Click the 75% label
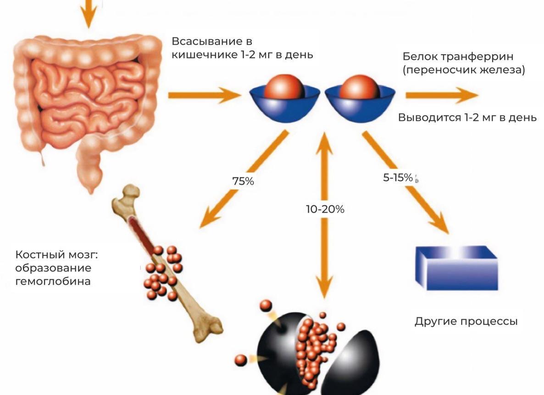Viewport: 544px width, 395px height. pyautogui.click(x=243, y=181)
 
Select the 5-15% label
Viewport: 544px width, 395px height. pyautogui.click(x=398, y=178)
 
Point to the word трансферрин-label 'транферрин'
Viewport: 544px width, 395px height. pyautogui.click(x=477, y=56)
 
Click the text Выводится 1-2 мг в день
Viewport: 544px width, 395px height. pyautogui.click(x=467, y=117)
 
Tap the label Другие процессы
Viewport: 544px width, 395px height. pyautogui.click(x=466, y=321)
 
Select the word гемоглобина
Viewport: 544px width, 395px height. pyautogui.click(x=53, y=281)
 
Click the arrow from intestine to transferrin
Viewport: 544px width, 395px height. pyautogui.click(x=204, y=95)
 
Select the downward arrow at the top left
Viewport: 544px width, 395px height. pyautogui.click(x=88, y=14)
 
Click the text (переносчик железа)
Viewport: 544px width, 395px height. pyautogui.click(x=464, y=70)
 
